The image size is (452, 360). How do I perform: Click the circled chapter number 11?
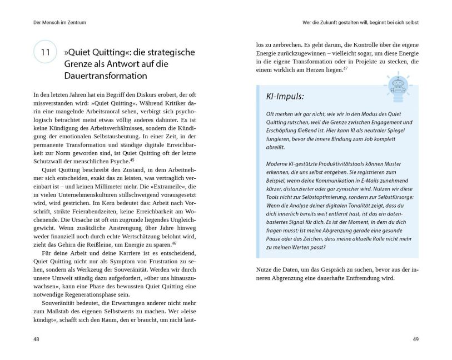pos(45,52)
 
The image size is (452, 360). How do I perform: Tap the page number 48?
pos(36,338)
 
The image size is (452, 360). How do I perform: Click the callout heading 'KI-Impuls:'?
pos(284,96)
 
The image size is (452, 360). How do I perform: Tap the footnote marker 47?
pos(345,67)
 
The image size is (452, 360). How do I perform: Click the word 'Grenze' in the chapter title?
pos(85,64)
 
